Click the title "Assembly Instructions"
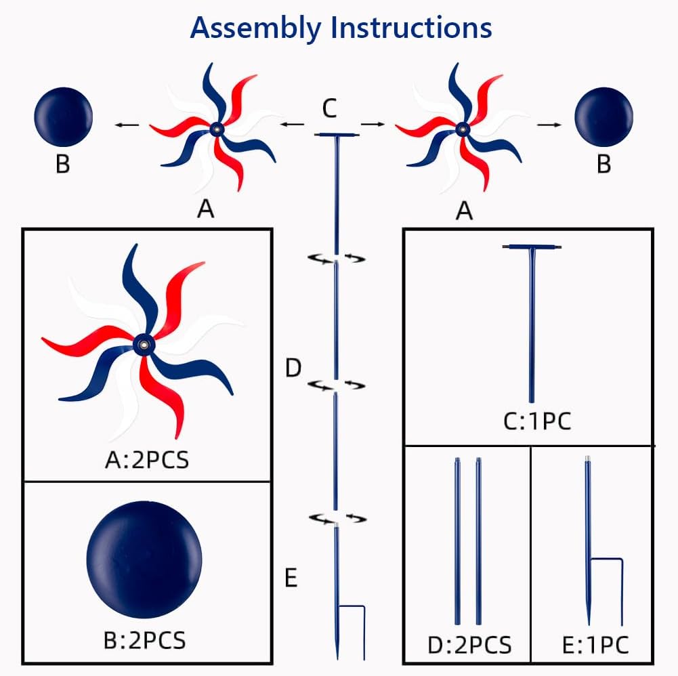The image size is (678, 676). (341, 28)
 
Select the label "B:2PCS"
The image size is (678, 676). (146, 639)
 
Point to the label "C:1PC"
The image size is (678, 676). (537, 421)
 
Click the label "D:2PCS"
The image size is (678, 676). (469, 643)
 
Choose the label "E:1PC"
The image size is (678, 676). (595, 643)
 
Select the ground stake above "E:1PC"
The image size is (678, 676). (589, 542)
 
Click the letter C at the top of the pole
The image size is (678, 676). (329, 108)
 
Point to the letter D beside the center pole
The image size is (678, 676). (293, 369)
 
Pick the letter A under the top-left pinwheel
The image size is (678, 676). (205, 210)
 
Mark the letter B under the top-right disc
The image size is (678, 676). (603, 165)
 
